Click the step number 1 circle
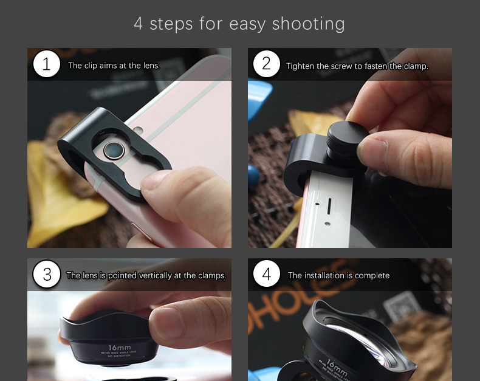[x=46, y=64]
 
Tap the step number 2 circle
[x=266, y=64]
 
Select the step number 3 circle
[x=46, y=275]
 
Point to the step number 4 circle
[x=266, y=275]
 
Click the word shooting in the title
[x=308, y=24]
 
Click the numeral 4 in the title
[x=139, y=24]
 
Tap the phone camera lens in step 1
[x=113, y=149]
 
